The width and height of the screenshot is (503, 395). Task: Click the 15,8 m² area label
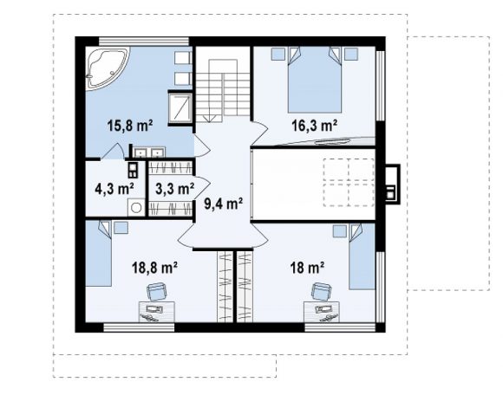pyautogui.click(x=129, y=126)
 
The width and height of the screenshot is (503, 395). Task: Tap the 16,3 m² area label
pyautogui.click(x=314, y=126)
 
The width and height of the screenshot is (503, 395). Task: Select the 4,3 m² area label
pyautogui.click(x=114, y=189)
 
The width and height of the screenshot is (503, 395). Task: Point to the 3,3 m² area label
pyautogui.click(x=175, y=189)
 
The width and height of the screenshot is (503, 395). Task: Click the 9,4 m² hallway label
pyautogui.click(x=224, y=203)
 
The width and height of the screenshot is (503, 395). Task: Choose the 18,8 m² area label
pyautogui.click(x=155, y=268)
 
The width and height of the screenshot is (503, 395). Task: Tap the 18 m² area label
pyautogui.click(x=307, y=268)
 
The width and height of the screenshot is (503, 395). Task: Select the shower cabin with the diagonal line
pyautogui.click(x=180, y=108)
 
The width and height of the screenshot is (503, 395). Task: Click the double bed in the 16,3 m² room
pyautogui.click(x=314, y=80)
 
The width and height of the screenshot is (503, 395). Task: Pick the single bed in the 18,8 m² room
pyautogui.click(x=99, y=253)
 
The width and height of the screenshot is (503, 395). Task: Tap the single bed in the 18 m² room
pyautogui.click(x=363, y=256)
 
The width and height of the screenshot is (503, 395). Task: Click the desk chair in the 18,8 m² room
pyautogui.click(x=156, y=292)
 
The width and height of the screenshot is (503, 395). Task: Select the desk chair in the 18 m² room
pyautogui.click(x=322, y=292)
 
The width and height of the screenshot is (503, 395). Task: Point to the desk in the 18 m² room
pyautogui.click(x=322, y=312)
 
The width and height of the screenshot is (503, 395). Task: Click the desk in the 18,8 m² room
pyautogui.click(x=157, y=312)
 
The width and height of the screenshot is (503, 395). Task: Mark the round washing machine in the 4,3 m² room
pyautogui.click(x=136, y=208)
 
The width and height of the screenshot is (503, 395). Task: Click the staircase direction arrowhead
pyautogui.click(x=209, y=118)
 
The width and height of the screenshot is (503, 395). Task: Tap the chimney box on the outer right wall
pyautogui.click(x=393, y=184)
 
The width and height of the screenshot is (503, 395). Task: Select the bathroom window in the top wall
pyautogui.click(x=144, y=42)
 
